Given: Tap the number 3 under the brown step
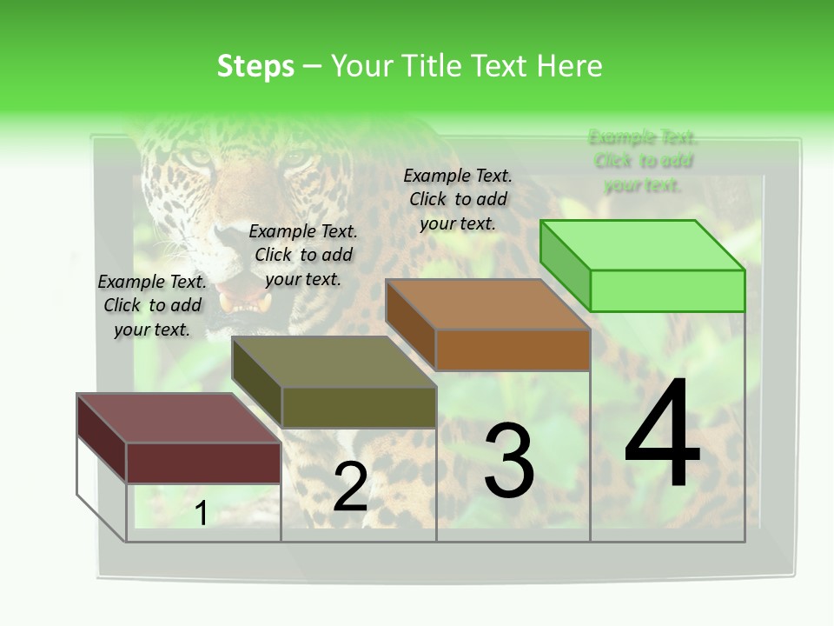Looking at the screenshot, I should [x=508, y=460].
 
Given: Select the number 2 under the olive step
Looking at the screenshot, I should [x=350, y=487].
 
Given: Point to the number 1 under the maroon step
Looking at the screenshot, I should [x=201, y=514].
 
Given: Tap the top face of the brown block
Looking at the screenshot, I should [x=487, y=304].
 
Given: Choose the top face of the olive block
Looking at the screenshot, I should [x=334, y=362].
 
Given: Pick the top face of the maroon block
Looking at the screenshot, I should [x=179, y=418].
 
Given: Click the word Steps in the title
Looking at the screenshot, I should [x=255, y=66].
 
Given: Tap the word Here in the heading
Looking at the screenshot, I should [x=570, y=66].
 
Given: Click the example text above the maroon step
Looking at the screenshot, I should [x=152, y=305].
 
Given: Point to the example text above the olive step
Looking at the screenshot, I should [x=303, y=255].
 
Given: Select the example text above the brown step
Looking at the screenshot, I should [x=458, y=199].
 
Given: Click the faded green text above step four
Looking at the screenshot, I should [x=643, y=161].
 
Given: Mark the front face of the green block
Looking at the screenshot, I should [x=667, y=290].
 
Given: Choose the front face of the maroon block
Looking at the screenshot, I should [x=203, y=463].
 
